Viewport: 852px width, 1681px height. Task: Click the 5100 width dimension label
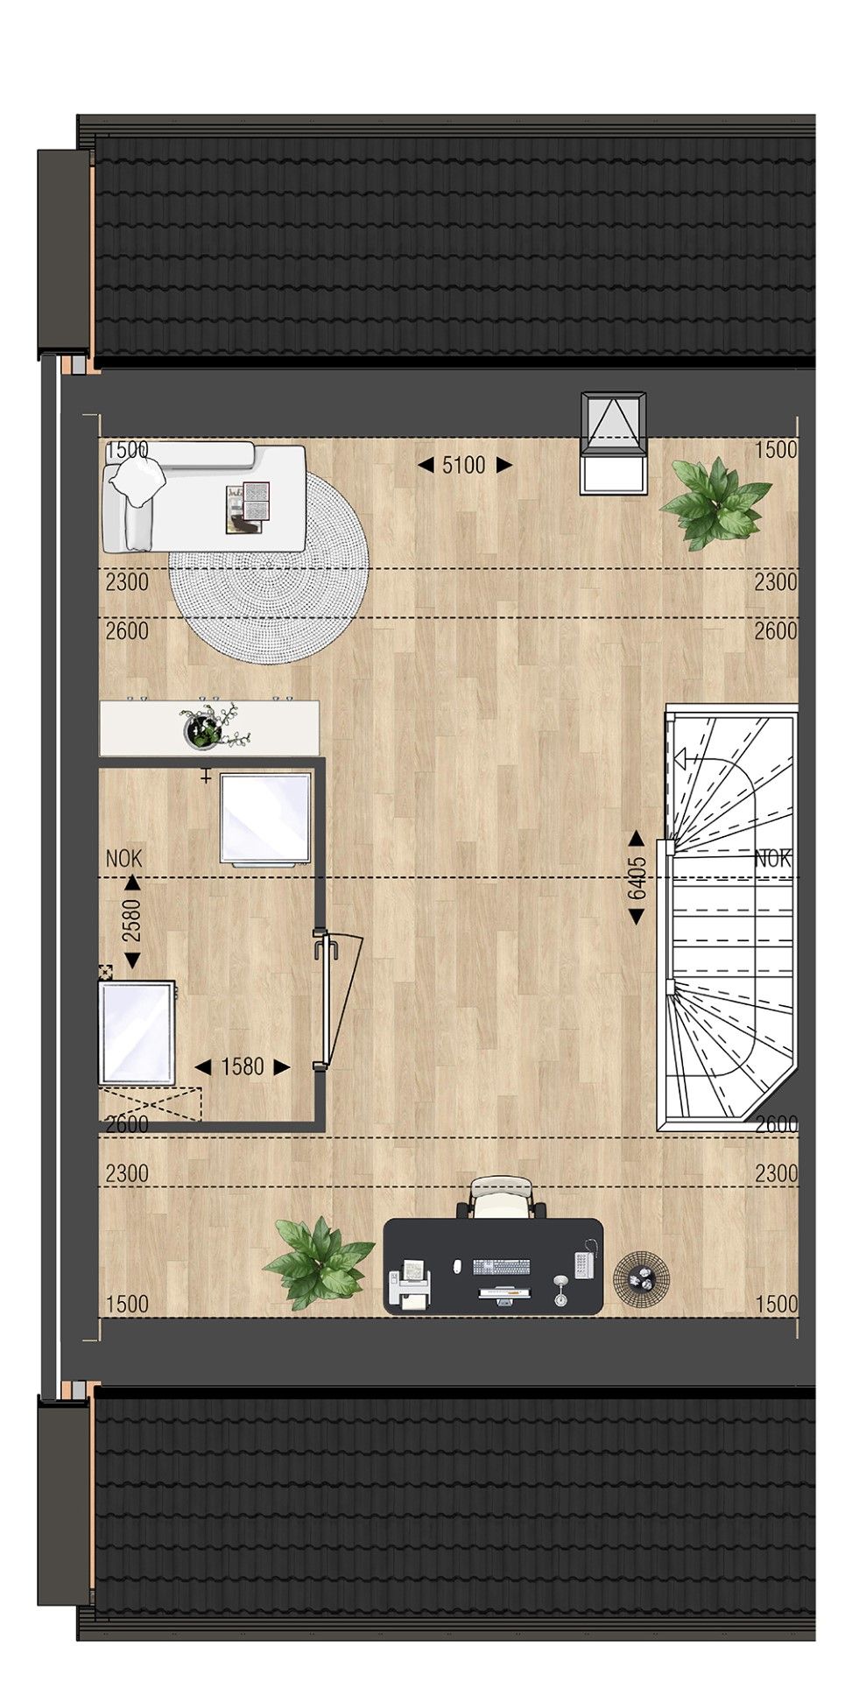(464, 465)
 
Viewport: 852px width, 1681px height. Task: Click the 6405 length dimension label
(637, 878)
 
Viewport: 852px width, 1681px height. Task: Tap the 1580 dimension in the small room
(242, 1067)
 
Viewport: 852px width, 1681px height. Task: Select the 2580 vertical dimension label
(131, 922)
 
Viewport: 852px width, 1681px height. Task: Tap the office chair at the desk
(500, 1197)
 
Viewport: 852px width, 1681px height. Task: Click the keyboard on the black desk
(502, 1266)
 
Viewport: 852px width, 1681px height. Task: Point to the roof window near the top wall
(615, 443)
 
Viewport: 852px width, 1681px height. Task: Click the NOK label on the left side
(123, 859)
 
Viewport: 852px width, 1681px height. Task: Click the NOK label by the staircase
(772, 859)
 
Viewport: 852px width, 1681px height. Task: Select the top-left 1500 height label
(128, 450)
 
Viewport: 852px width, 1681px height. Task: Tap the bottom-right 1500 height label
(776, 1304)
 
